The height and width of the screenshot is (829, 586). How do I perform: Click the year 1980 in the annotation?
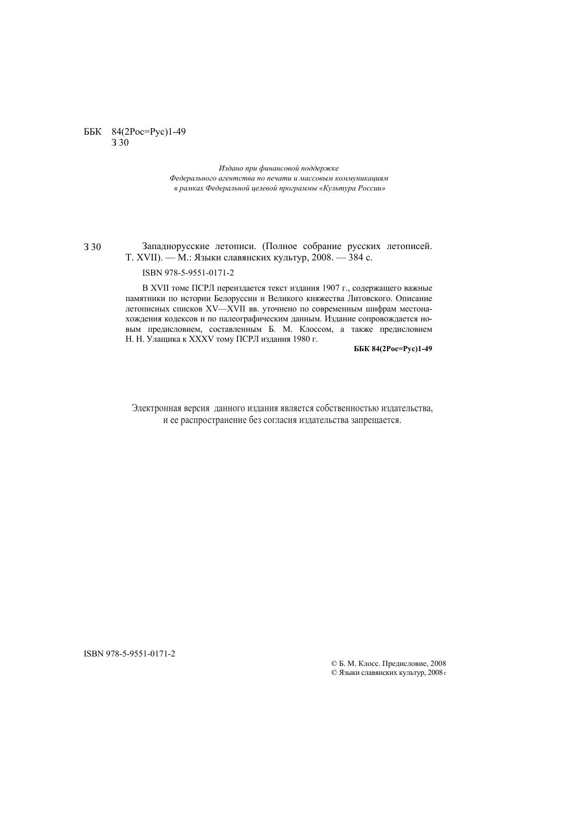300,339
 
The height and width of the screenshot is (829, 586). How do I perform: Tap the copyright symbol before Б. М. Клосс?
334,663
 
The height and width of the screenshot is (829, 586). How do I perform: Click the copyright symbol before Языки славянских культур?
334,672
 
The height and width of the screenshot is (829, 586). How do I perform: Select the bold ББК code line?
393,349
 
